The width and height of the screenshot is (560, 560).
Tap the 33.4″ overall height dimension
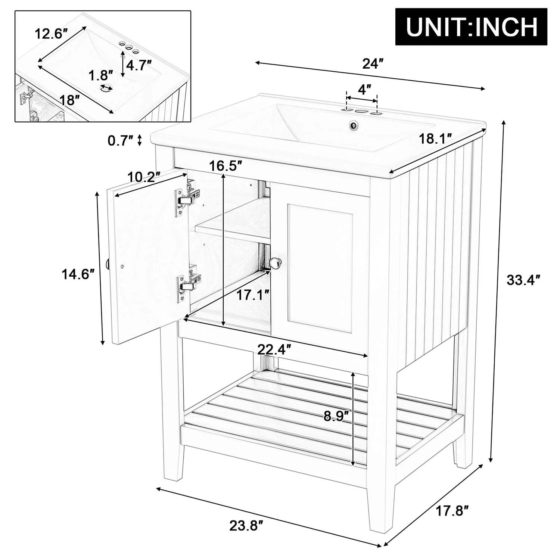[523, 280]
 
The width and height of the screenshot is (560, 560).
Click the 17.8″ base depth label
[452, 510]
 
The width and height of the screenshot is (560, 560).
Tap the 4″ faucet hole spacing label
[364, 90]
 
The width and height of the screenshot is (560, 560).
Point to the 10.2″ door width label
[144, 176]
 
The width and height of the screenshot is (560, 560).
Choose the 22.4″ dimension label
[274, 349]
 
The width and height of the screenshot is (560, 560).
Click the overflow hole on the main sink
[352, 125]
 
